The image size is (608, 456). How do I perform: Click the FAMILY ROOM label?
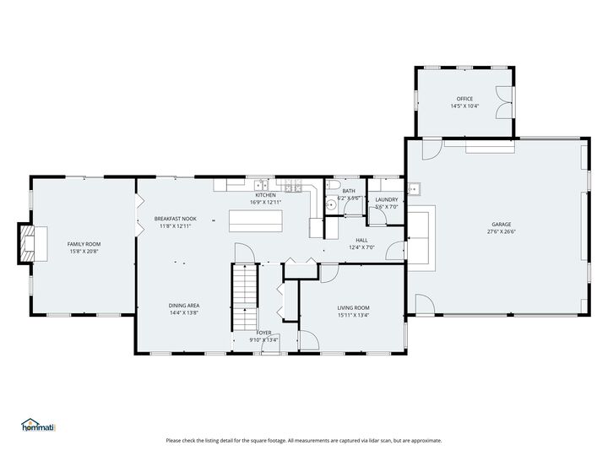point(84,243)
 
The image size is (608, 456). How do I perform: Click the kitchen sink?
point(262,186)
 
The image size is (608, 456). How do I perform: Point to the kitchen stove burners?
point(293,187)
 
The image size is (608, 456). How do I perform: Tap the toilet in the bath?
point(335,187)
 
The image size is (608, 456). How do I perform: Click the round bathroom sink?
point(333,203)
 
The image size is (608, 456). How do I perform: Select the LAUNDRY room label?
point(386,199)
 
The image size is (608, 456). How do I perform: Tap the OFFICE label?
point(464,99)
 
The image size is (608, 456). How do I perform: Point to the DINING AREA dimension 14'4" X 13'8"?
point(183,312)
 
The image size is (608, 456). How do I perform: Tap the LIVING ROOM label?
point(353,307)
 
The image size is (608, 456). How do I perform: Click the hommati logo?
point(38,425)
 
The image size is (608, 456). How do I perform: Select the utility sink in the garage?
point(415,187)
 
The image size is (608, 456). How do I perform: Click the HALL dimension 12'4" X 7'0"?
point(361,247)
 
